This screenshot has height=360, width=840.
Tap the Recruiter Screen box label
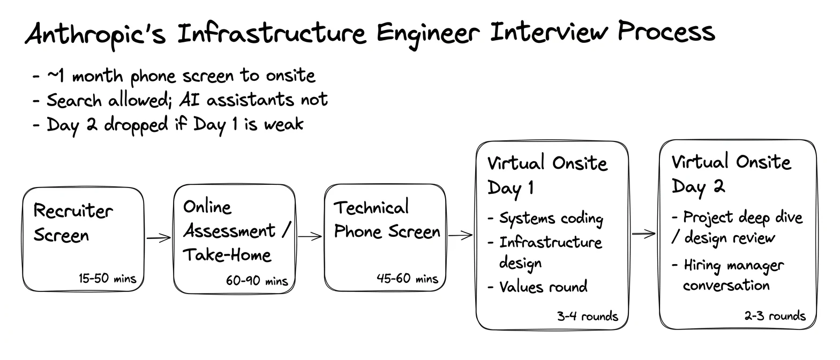click(x=73, y=223)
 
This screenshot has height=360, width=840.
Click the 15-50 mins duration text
click(x=107, y=278)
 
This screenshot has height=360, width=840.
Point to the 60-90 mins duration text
click(x=257, y=281)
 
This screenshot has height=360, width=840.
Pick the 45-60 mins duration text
click(x=407, y=278)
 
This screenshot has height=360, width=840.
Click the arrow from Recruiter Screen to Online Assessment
click(x=159, y=238)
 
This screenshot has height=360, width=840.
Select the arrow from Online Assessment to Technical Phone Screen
click(x=310, y=236)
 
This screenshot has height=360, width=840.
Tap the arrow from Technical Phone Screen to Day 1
click(x=461, y=236)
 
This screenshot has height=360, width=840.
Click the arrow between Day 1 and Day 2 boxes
click(x=644, y=234)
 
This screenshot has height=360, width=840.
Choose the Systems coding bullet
click(x=545, y=219)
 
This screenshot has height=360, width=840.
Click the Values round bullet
click(x=537, y=287)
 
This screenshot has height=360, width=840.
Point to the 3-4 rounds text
click(x=588, y=316)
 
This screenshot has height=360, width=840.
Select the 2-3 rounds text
click(x=775, y=316)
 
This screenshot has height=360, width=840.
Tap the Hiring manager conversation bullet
click(x=727, y=275)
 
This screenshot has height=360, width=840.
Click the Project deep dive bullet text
click(x=737, y=228)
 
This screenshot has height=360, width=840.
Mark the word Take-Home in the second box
click(x=227, y=255)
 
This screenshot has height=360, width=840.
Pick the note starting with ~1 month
click(x=174, y=76)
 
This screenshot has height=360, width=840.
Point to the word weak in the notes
click(x=283, y=124)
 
